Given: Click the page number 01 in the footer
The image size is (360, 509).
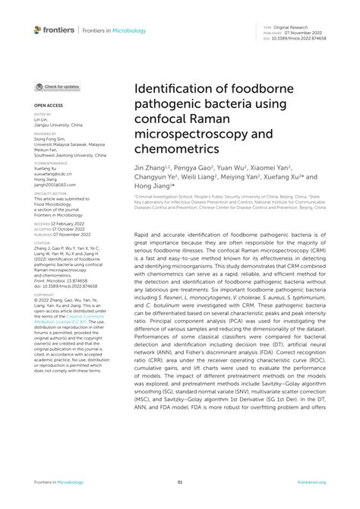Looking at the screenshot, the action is [x=180, y=482].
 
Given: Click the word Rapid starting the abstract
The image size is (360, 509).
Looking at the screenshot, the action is [x=142, y=236].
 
